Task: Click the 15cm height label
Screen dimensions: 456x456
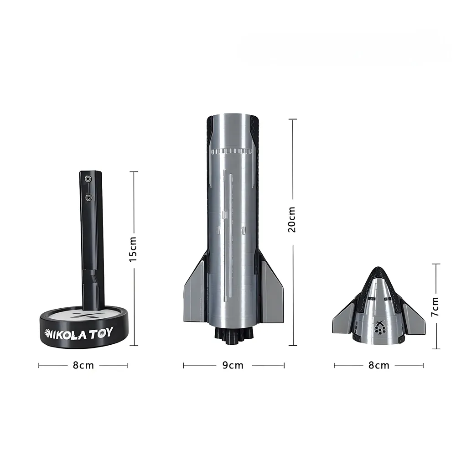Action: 133,249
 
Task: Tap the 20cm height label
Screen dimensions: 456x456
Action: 291,220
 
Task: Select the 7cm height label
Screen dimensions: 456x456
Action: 435,307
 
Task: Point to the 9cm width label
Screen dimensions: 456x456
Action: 233,365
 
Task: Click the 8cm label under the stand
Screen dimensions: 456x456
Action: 83,365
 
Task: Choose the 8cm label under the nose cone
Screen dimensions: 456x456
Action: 379,365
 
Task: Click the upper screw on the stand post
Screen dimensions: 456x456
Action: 88,179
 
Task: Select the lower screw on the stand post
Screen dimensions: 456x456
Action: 88,198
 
